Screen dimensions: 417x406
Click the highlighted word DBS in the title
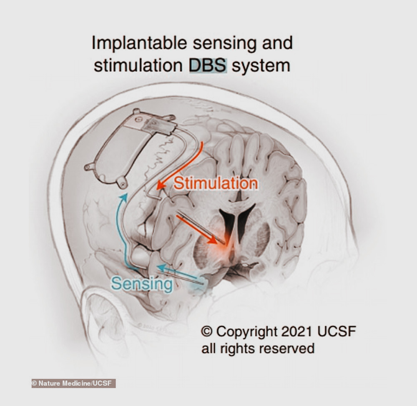click(x=208, y=65)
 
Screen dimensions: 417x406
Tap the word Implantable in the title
click(x=139, y=43)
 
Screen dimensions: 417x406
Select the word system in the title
click(x=261, y=66)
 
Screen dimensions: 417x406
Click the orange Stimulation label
click(x=216, y=183)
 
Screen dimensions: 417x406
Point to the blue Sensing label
click(x=142, y=284)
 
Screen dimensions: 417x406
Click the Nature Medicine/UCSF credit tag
click(x=73, y=383)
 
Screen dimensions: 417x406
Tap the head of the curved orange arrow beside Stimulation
click(x=161, y=185)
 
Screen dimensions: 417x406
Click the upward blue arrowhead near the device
click(x=124, y=198)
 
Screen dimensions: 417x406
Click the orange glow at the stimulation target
click(x=225, y=246)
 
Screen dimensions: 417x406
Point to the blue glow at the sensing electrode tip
click(x=198, y=283)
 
